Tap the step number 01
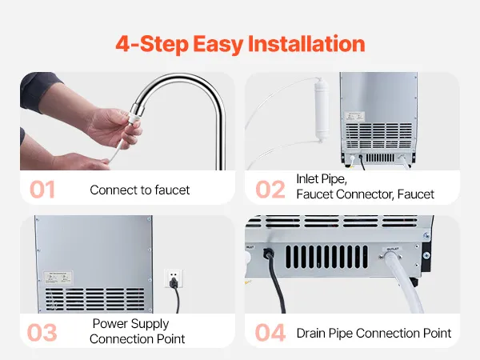point(42,190)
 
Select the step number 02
point(270,190)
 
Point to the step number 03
point(42,333)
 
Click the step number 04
point(270,333)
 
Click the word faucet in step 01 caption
point(172,190)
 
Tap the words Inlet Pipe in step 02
point(322,179)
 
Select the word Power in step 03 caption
point(110,323)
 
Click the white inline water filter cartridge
point(322,110)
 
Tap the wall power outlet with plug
point(174,279)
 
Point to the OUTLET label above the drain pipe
point(392,249)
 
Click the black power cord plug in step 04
point(269,254)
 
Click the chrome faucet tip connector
point(135,114)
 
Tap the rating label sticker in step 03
point(58,278)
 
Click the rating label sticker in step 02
point(354,116)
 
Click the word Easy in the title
point(218,44)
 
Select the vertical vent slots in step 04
point(326,257)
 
